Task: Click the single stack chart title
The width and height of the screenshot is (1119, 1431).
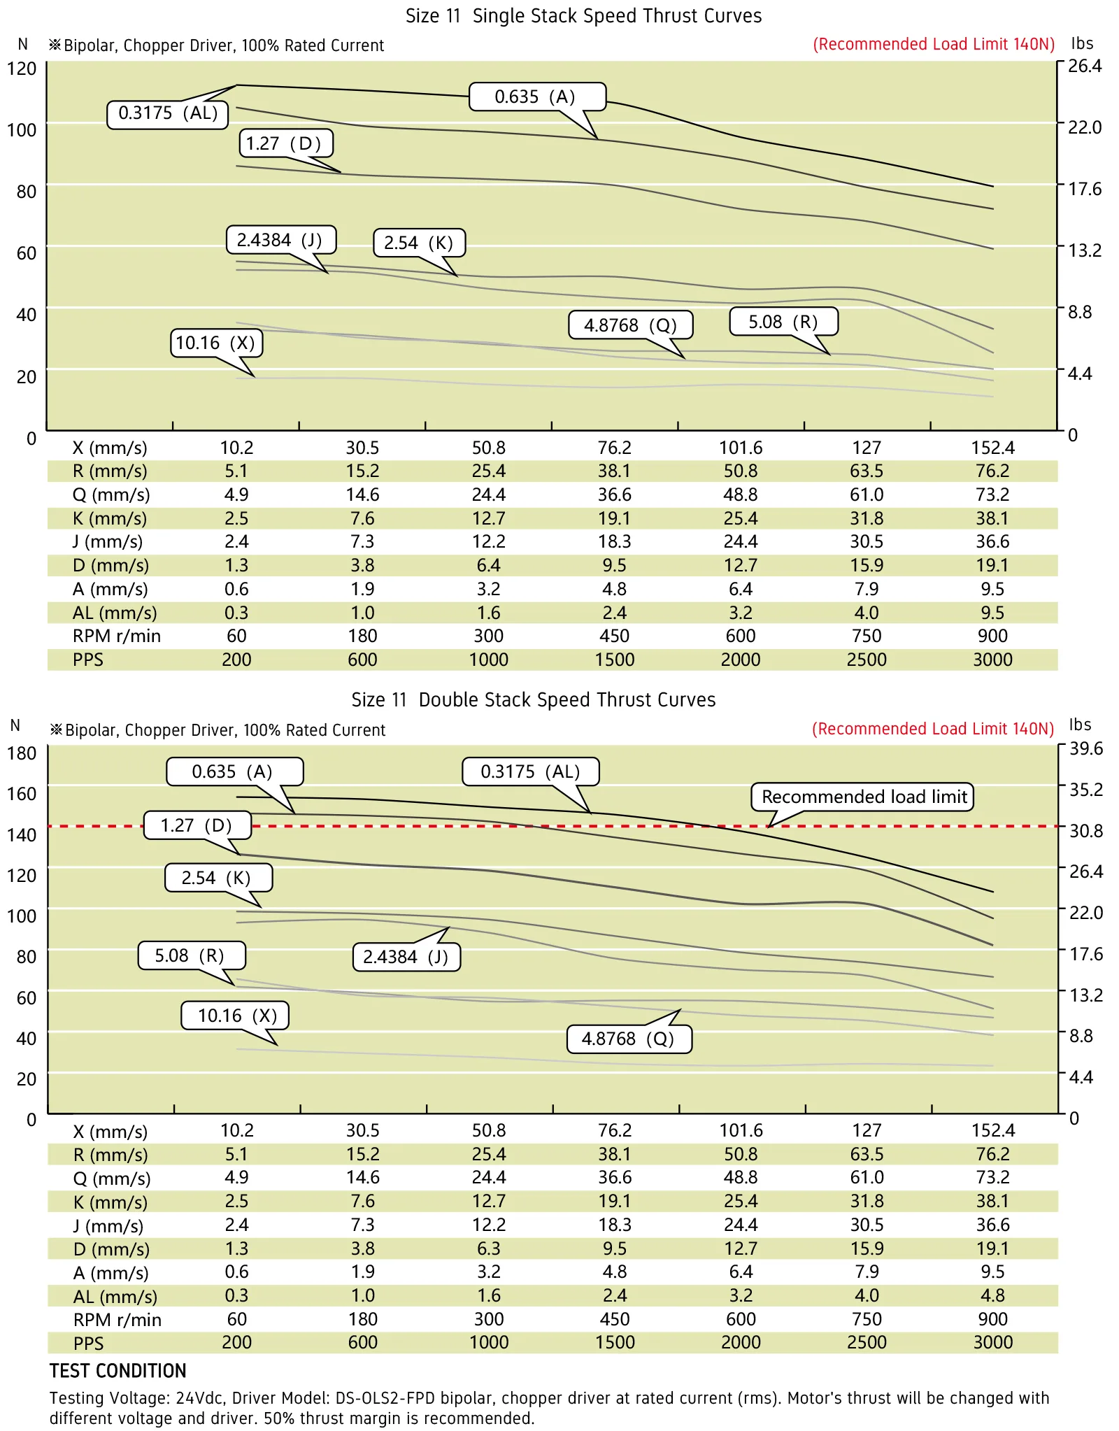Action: click(583, 16)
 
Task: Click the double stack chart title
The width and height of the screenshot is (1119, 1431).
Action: click(533, 700)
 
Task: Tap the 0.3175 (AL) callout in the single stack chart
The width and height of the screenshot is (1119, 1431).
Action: click(168, 114)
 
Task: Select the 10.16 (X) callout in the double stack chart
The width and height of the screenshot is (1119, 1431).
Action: click(235, 1016)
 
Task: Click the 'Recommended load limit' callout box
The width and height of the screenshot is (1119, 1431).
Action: click(862, 797)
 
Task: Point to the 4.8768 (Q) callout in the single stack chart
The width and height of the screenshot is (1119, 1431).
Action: click(630, 325)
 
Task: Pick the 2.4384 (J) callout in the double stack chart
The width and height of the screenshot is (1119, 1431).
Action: click(406, 957)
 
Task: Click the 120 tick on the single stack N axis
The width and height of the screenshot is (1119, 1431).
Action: click(22, 69)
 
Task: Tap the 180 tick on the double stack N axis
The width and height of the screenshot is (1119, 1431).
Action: click(22, 753)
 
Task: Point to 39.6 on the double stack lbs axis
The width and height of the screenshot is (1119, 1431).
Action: click(1086, 748)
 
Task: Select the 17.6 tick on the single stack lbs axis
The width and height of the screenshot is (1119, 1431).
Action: click(1085, 189)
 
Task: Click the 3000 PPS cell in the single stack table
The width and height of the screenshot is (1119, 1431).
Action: click(992, 660)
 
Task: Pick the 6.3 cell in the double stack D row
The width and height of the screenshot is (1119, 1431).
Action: click(489, 1248)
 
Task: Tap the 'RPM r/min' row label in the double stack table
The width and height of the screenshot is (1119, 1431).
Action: click(117, 1320)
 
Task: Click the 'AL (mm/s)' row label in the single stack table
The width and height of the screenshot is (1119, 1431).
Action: click(115, 613)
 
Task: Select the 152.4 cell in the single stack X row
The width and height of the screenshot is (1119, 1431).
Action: click(992, 448)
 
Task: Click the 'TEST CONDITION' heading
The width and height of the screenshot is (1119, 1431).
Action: click(118, 1371)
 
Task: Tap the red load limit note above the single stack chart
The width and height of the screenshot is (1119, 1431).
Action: click(934, 44)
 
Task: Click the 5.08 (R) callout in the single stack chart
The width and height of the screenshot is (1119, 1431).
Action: click(783, 322)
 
